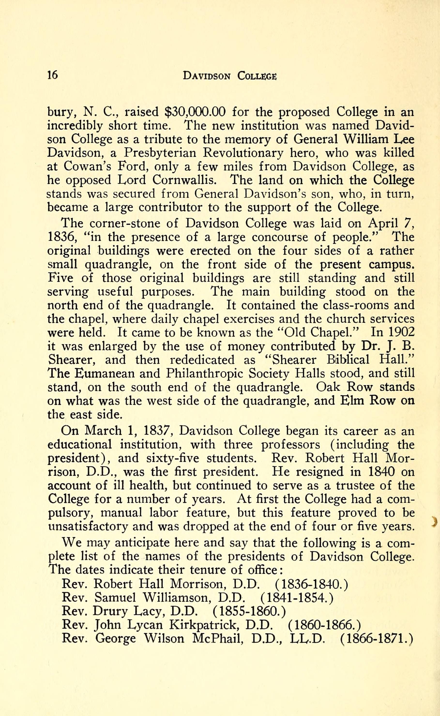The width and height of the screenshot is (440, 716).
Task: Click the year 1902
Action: pos(400,332)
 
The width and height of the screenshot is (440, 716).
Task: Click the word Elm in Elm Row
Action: pos(351,401)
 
